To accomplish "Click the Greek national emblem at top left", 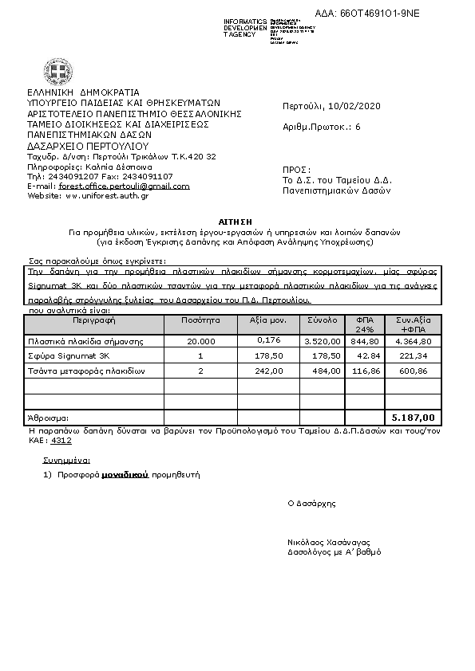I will click(x=57, y=75).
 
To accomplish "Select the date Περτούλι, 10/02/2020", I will click(x=332, y=107).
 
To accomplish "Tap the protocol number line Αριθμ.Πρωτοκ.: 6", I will click(x=322, y=127).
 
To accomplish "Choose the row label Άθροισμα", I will click(x=48, y=417).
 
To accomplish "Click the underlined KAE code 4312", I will click(x=59, y=439).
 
